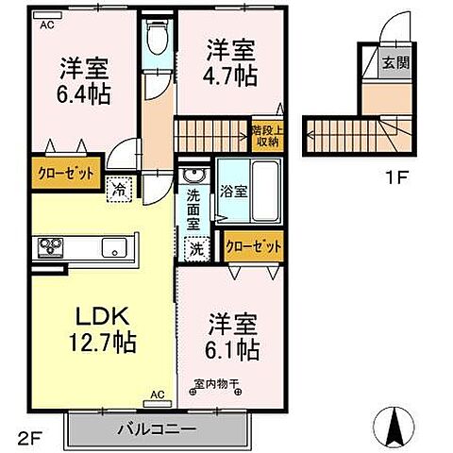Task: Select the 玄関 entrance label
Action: coord(394,63)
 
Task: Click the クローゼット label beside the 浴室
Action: coord(254,245)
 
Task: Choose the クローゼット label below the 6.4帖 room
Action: coord(65,173)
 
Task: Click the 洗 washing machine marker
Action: coord(196,250)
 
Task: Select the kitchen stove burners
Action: coord(50,248)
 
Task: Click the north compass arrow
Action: coord(400,427)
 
